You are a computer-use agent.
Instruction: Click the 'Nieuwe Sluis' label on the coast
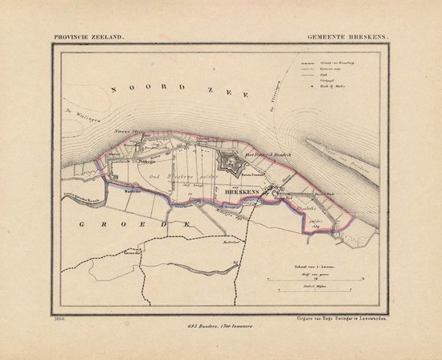128,133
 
